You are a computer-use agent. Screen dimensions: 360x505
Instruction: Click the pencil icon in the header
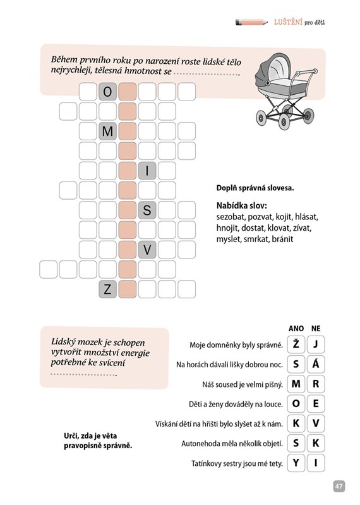(x=251, y=22)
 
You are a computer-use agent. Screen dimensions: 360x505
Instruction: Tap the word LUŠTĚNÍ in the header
(x=288, y=22)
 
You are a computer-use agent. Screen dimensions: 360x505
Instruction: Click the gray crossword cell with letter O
(x=107, y=92)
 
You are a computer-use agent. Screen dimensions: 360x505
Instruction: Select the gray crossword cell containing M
(x=107, y=131)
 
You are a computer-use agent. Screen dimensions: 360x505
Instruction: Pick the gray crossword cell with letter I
(x=147, y=171)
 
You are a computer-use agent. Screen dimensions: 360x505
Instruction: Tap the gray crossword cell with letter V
(x=147, y=250)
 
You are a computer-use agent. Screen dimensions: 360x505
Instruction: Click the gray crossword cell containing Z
(x=107, y=289)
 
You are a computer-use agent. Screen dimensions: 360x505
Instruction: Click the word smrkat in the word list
(x=256, y=240)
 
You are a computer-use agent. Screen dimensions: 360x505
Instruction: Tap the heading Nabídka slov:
(x=242, y=205)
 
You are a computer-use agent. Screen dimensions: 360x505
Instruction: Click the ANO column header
(x=296, y=329)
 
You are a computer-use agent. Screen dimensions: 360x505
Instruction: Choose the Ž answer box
(x=296, y=344)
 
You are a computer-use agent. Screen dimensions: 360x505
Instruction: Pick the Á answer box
(x=316, y=364)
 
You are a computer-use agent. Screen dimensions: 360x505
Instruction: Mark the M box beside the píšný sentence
(x=296, y=384)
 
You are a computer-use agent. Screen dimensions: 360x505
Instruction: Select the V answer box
(x=316, y=423)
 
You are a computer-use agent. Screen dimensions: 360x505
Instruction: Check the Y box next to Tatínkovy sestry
(x=296, y=463)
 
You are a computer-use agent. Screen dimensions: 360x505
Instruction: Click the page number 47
(x=339, y=486)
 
